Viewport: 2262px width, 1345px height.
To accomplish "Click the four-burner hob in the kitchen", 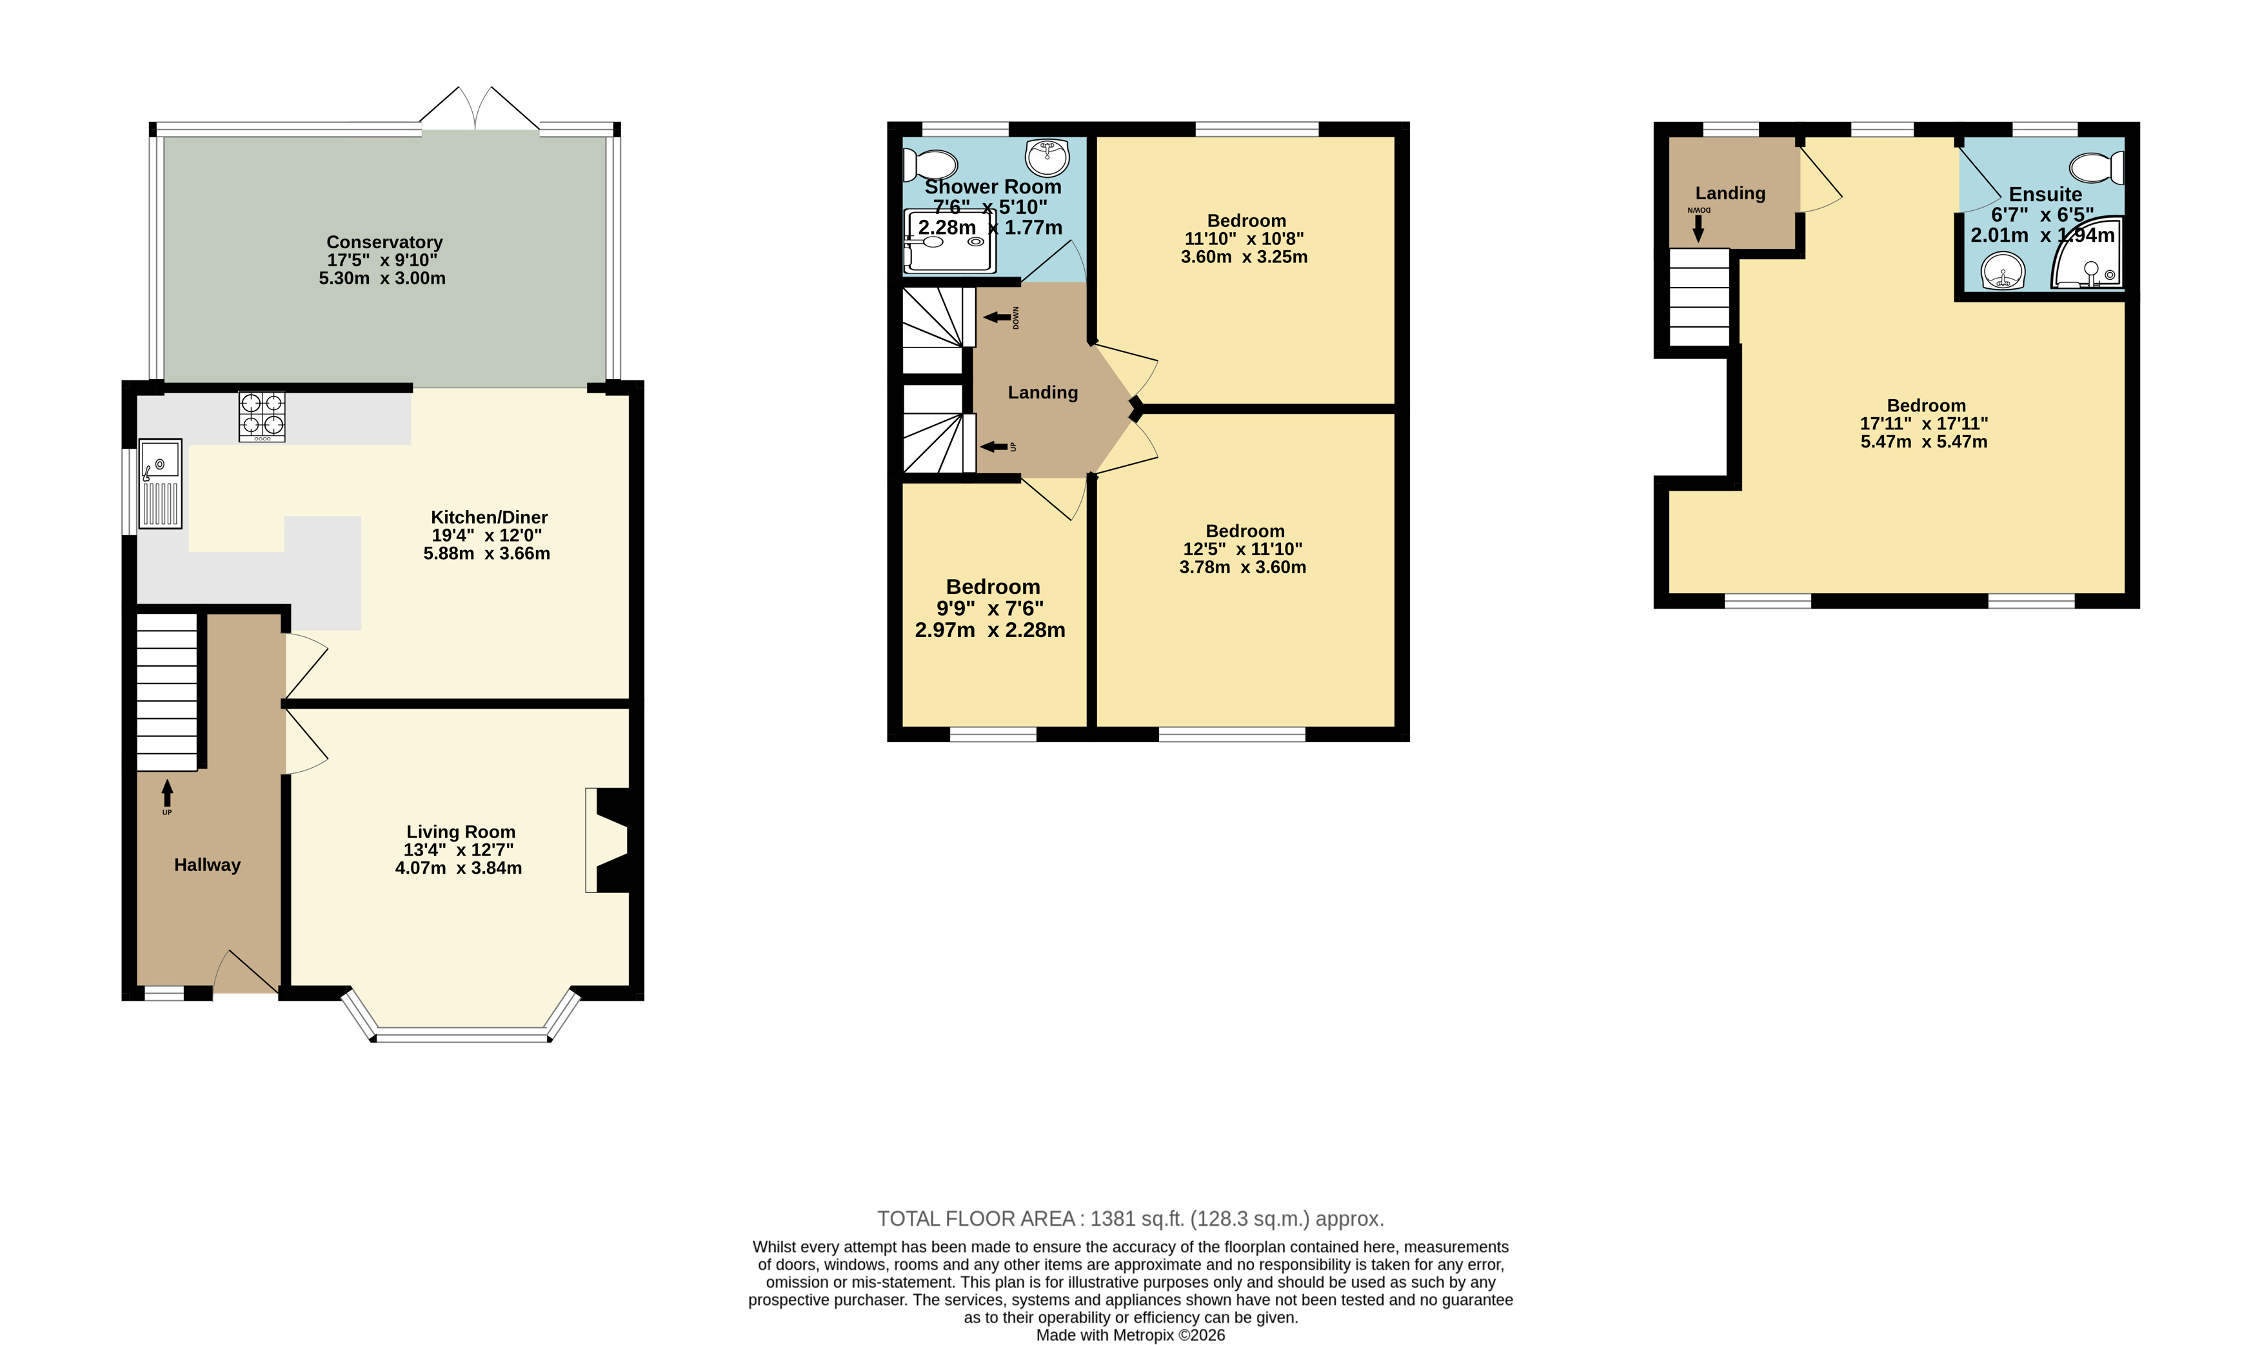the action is [262, 416].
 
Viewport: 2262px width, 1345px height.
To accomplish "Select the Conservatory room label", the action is [384, 242].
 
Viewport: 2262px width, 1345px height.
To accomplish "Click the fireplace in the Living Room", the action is [608, 840].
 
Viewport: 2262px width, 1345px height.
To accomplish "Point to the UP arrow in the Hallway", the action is [167, 793].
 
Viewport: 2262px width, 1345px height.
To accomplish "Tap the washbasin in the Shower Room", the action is [1047, 157].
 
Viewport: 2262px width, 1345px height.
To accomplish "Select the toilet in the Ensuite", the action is [2096, 168].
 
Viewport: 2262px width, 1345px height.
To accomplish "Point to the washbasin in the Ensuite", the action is [2003, 271].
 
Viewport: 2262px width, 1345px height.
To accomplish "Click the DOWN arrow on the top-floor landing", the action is [1698, 228].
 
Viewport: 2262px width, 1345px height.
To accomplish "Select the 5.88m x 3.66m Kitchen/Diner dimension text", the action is [487, 553].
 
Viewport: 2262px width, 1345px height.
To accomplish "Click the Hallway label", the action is [208, 865].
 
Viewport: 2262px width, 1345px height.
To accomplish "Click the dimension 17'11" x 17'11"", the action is [1924, 423].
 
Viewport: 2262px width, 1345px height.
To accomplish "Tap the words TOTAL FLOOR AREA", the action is [975, 1219].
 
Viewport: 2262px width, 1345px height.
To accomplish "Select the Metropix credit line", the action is [1131, 1335].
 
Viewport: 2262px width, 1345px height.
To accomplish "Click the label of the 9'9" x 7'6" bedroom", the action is [993, 586].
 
